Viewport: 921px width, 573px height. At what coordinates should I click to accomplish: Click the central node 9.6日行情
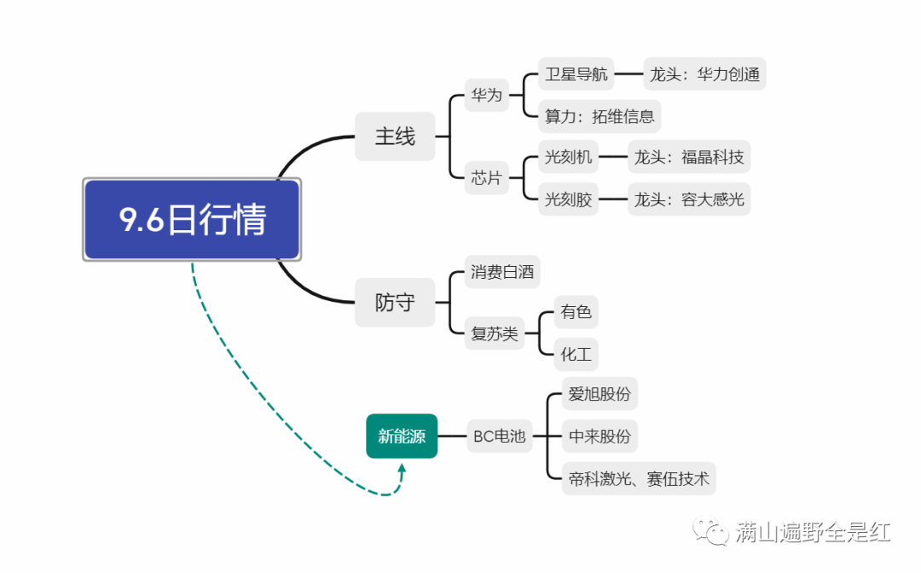tap(192, 220)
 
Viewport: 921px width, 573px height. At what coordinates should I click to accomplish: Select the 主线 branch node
tap(395, 136)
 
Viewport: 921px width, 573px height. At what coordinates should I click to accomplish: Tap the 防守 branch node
tap(395, 303)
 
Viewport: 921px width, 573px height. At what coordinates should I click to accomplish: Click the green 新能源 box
tap(402, 437)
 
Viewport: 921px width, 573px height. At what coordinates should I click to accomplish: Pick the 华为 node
tap(487, 95)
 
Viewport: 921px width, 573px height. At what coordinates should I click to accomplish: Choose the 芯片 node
tap(487, 178)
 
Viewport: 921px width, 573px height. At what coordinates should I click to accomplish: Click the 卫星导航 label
tap(576, 74)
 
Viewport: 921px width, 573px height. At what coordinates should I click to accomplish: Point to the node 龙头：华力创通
tap(704, 74)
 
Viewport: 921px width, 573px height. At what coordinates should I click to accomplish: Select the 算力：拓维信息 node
tap(600, 116)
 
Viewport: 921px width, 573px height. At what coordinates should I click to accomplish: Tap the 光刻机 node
tap(568, 157)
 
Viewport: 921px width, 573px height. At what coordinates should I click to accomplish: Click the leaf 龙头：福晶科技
tap(689, 157)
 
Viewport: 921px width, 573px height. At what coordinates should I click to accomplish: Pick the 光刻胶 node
tap(568, 200)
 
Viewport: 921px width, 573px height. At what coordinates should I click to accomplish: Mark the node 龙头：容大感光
tap(689, 200)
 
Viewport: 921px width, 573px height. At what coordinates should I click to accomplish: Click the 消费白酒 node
tap(502, 273)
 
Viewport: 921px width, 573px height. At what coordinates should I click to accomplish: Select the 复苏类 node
tap(495, 333)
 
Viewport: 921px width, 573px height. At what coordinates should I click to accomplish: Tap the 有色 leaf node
tap(576, 312)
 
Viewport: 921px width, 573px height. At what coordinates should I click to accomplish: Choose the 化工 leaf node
tap(576, 353)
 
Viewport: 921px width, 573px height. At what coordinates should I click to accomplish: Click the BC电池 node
tap(500, 437)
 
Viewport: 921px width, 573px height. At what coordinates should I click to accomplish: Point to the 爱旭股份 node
tap(600, 395)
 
